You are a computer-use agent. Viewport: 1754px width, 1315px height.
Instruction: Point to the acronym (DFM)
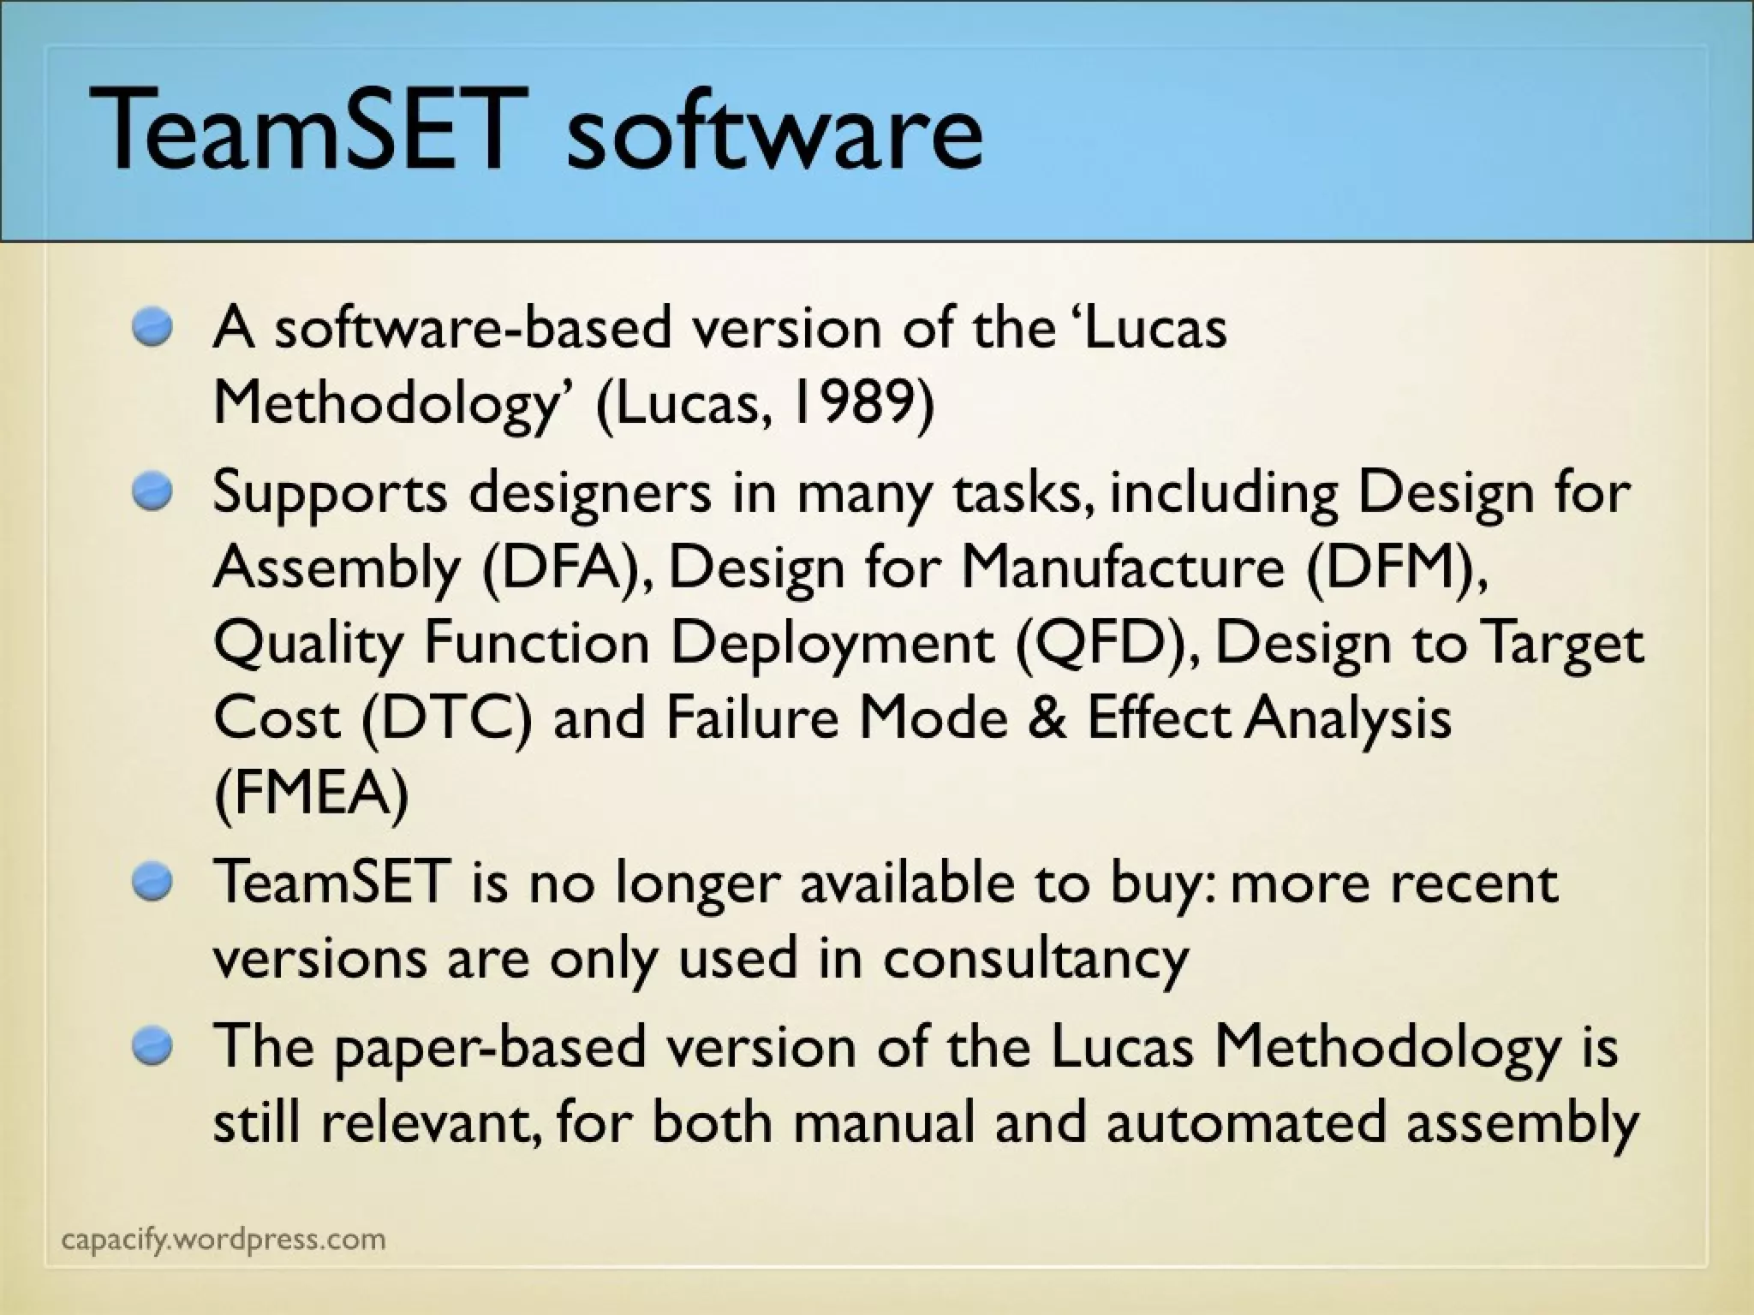click(x=1397, y=568)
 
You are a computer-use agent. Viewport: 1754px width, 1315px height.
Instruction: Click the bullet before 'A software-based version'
click(x=153, y=328)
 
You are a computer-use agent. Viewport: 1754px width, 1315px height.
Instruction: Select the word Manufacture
click(x=1122, y=568)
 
